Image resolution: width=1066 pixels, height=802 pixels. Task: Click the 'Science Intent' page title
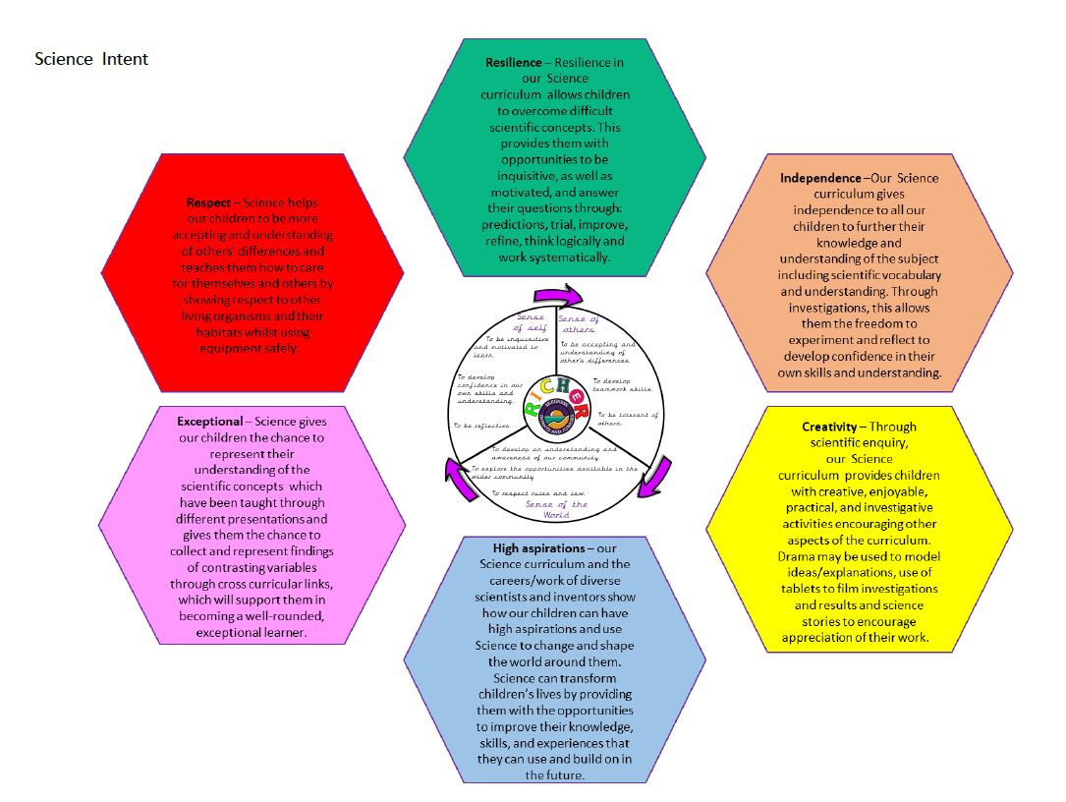pos(91,59)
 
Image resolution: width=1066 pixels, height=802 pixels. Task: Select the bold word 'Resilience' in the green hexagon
pos(513,63)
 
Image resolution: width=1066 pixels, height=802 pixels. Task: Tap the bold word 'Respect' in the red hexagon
pos(208,202)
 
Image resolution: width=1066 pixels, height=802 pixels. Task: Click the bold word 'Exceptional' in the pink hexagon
pos(209,421)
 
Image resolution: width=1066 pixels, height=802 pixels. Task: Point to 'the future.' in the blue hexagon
pos(555,774)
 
